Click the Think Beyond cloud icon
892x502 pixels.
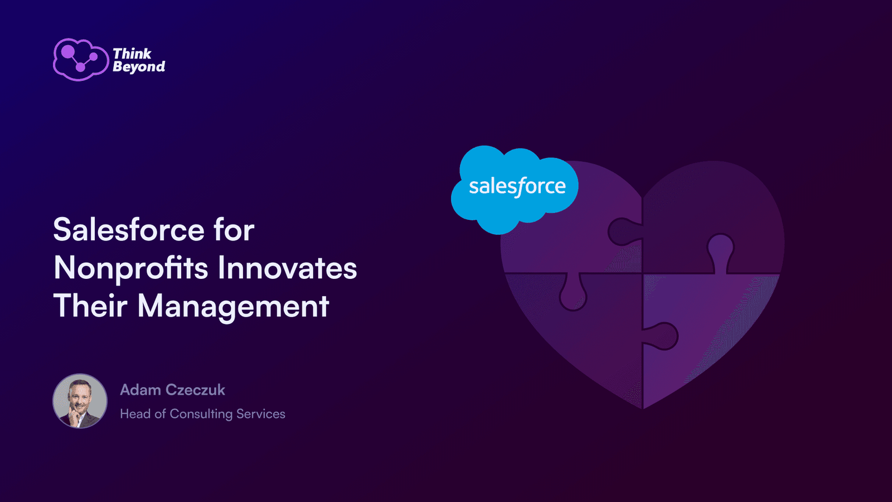click(x=81, y=60)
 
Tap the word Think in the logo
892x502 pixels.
click(x=132, y=54)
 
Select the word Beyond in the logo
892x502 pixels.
click(x=139, y=67)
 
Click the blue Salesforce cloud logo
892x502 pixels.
click(x=515, y=190)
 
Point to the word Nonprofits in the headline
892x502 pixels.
click(x=130, y=269)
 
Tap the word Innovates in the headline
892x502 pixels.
click(x=287, y=268)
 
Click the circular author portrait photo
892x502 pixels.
click(x=80, y=401)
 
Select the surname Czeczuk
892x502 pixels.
click(x=195, y=390)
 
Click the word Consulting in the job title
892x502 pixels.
click(x=201, y=414)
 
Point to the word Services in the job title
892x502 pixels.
click(x=261, y=414)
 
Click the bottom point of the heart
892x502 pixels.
click(x=643, y=409)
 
